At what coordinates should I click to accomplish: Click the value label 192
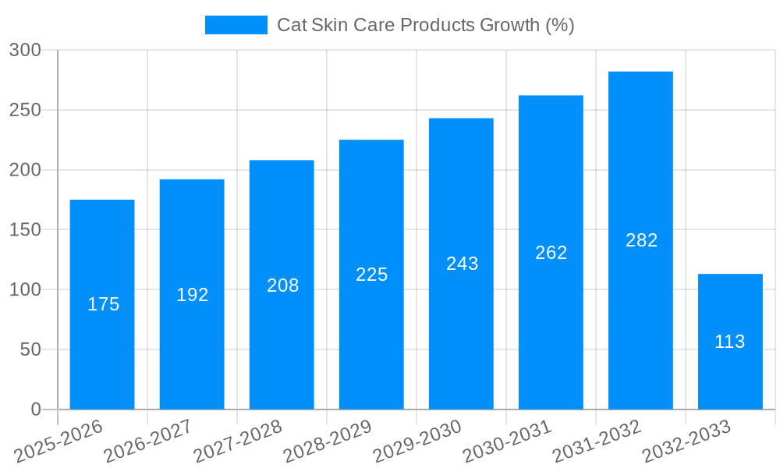tap(193, 295)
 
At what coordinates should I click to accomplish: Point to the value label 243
tap(463, 264)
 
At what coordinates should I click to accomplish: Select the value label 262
tap(551, 253)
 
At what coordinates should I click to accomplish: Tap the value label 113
tap(730, 342)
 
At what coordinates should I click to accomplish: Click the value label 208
tap(282, 285)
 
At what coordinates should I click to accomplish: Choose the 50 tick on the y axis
tap(30, 349)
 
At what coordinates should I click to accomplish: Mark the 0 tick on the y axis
tap(36, 409)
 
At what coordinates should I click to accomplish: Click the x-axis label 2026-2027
tap(149, 441)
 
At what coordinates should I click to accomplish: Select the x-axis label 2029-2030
tap(418, 441)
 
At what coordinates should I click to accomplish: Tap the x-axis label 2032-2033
tap(687, 441)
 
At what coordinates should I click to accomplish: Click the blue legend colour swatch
tap(236, 25)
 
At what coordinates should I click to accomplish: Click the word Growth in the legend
tap(509, 25)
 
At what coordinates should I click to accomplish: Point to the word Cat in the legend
tap(292, 25)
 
